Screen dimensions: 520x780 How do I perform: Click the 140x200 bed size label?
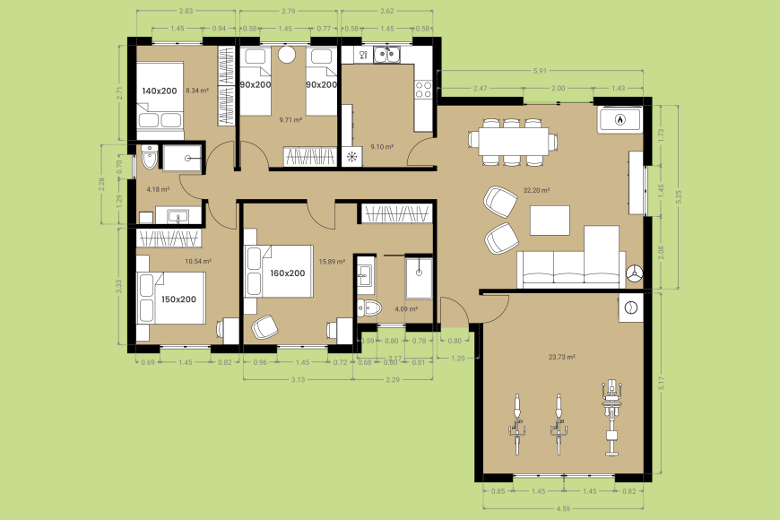(x=160, y=91)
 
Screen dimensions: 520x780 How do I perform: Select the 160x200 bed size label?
(x=287, y=273)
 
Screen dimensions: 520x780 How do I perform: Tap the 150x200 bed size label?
(x=178, y=299)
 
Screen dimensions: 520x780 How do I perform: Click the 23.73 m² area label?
(x=561, y=356)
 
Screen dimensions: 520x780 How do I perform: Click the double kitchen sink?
(x=387, y=56)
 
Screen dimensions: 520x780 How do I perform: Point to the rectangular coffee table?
(x=550, y=220)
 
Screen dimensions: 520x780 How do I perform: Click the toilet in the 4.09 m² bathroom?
(x=371, y=309)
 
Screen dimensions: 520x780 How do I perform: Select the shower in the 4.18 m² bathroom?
(x=187, y=158)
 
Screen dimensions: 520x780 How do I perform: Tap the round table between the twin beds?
(x=287, y=56)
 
